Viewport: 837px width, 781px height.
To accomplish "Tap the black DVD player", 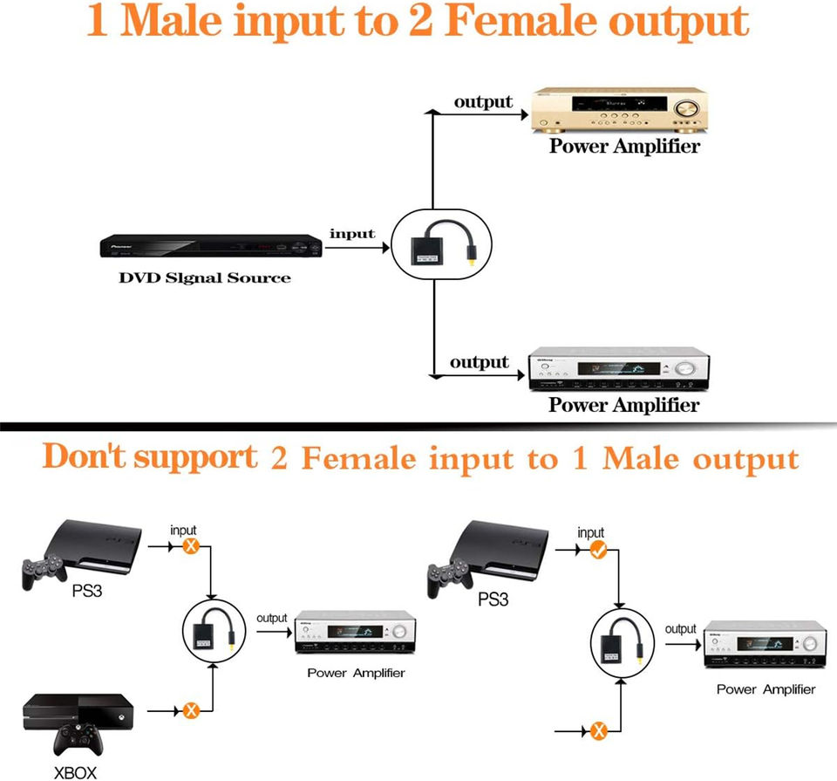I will tap(210, 246).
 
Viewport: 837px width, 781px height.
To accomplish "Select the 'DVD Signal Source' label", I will tap(204, 278).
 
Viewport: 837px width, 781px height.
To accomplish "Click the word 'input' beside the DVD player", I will tap(352, 234).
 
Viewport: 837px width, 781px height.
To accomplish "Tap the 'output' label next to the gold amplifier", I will tap(483, 102).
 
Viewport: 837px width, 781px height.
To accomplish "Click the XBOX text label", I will tap(76, 771).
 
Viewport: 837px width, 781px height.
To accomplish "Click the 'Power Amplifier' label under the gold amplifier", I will tap(624, 147).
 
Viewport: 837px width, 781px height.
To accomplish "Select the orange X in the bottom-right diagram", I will tap(599, 730).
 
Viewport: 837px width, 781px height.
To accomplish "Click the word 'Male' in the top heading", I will tap(170, 22).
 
